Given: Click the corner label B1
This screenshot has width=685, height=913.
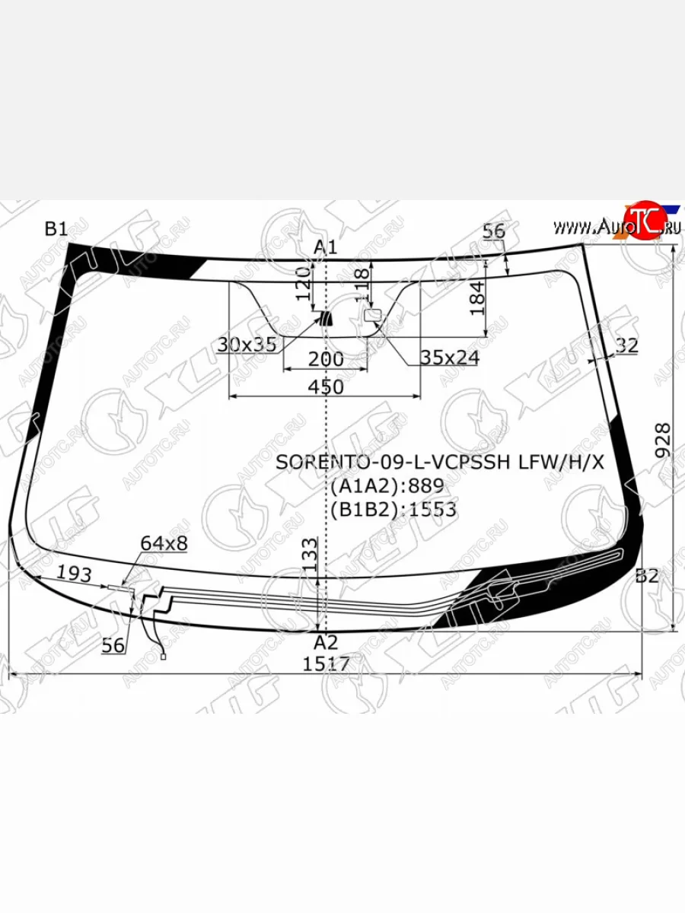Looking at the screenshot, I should (x=56, y=229).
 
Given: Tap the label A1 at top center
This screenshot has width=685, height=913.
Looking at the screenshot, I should (x=326, y=247).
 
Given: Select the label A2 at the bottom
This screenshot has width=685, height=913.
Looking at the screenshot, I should (x=326, y=641).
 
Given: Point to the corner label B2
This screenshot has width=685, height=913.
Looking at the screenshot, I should (x=646, y=576).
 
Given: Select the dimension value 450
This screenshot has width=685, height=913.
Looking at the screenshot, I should (x=326, y=387).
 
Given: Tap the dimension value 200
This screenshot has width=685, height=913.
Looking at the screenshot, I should (x=326, y=359).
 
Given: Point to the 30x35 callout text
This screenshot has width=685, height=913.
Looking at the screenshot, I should (x=246, y=345).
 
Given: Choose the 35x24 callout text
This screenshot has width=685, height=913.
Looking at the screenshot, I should (x=449, y=358).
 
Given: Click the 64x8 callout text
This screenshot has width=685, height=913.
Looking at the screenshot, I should (x=164, y=543).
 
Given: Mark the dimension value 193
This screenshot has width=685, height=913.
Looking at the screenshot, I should (x=75, y=574).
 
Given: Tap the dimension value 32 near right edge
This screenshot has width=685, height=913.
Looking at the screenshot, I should (x=626, y=345).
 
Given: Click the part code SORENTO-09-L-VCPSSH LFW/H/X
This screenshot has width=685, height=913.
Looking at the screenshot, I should (x=440, y=462).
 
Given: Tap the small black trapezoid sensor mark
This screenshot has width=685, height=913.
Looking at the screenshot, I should (x=327, y=318).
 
